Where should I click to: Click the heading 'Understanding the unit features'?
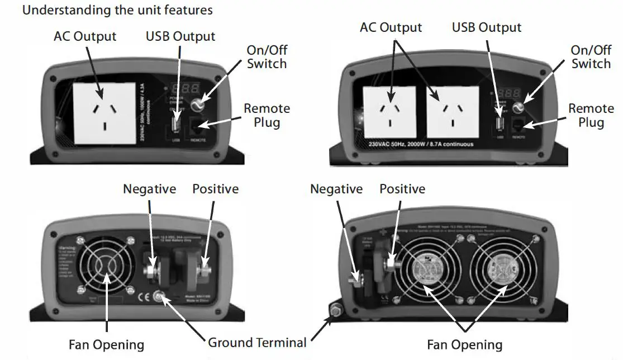tap(117, 10)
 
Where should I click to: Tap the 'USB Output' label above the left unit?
tap(180, 37)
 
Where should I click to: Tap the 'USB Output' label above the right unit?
tap(487, 27)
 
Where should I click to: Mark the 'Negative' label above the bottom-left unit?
tap(149, 190)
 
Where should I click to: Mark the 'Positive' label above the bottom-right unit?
tap(402, 190)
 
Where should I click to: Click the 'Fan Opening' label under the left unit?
tap(106, 344)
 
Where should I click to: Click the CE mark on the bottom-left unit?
tap(143, 296)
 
